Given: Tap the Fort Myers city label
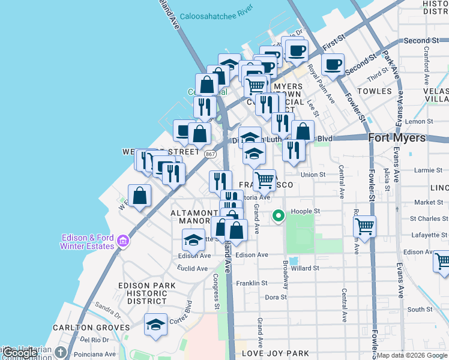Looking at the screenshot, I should [x=397, y=137].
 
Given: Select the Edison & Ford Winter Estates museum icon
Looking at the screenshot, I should [x=123, y=241].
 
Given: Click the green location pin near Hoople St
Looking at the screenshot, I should [x=279, y=216].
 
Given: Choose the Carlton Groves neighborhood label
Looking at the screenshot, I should [x=91, y=328].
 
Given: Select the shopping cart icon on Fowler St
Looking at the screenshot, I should [x=364, y=227].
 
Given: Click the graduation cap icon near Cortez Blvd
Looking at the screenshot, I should [x=155, y=325].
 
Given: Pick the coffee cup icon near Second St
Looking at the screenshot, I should [x=333, y=64].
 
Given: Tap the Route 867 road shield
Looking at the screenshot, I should [x=210, y=154].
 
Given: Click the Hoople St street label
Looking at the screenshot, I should [x=306, y=211].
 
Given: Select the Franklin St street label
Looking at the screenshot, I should [x=252, y=283].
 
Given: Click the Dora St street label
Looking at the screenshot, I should [x=276, y=297].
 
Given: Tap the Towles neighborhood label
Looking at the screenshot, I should [x=374, y=91].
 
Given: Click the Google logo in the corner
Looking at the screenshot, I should [x=20, y=353].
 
